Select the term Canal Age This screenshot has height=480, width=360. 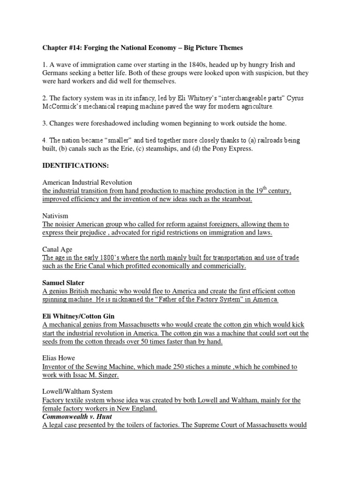pos(58,249)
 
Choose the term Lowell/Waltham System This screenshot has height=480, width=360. pos(77,391)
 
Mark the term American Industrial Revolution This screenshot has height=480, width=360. pos(87,182)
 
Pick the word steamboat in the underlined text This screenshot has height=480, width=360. pos(236,199)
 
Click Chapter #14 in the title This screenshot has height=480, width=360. pos(60,47)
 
